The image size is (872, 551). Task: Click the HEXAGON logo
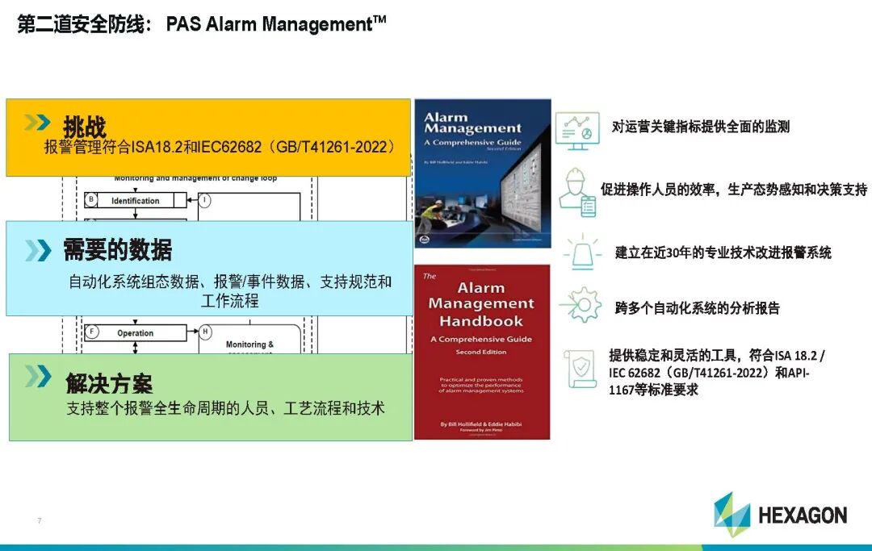[779, 514]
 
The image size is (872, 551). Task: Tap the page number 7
[39, 520]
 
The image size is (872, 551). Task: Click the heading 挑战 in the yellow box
[85, 126]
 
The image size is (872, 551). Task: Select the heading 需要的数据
[118, 250]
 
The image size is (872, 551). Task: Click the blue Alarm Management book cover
[482, 173]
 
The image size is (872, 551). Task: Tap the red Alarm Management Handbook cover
[481, 352]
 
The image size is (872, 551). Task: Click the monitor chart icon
[577, 130]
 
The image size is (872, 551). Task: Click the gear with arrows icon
[581, 306]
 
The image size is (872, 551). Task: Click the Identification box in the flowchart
[136, 201]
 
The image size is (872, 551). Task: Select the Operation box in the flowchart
[136, 332]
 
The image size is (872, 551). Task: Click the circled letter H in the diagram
[204, 332]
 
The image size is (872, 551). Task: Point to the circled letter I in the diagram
[204, 201]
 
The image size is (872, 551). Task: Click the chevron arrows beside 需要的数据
[37, 250]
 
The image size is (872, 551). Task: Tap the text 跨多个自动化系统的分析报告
[697, 308]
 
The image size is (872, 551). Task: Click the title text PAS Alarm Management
[275, 24]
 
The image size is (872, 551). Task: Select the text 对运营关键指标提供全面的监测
[700, 127]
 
